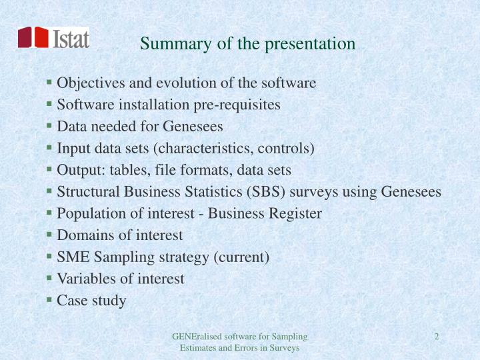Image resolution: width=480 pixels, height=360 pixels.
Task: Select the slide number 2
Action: click(x=436, y=336)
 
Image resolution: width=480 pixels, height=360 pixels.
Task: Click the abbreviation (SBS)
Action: click(x=261, y=192)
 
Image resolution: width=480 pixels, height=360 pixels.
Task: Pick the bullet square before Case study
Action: click(x=50, y=299)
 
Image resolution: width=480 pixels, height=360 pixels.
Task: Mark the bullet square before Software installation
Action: click(x=50, y=104)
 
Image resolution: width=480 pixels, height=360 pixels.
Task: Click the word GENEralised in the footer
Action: click(x=193, y=336)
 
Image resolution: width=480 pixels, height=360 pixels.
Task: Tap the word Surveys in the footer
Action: click(x=285, y=347)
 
